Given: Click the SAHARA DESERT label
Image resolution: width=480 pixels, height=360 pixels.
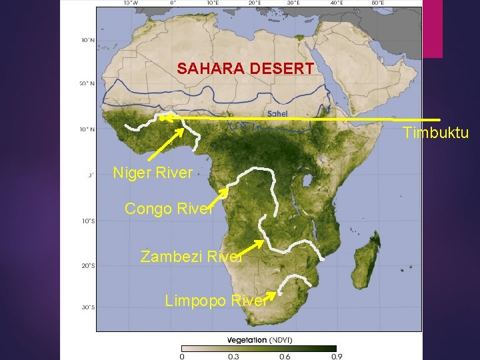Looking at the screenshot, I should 245,68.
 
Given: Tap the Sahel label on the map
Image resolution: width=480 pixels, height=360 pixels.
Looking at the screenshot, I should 277,114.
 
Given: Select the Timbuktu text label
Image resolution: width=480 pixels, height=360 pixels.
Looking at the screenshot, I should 435,133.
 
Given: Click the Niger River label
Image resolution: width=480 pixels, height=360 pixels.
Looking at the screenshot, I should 153,173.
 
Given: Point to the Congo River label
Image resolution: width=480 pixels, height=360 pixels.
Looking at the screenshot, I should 169,209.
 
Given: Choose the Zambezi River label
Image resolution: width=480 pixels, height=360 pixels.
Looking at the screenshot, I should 191,256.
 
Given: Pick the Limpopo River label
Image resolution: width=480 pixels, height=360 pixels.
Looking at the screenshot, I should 215,301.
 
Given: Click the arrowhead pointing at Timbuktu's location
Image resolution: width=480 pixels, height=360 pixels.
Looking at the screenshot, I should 165,118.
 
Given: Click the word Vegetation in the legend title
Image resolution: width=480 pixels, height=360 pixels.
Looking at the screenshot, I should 247,339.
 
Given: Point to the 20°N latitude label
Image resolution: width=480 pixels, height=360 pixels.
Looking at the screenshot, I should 87,84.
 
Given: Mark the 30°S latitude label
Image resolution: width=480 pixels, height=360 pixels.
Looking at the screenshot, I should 87,307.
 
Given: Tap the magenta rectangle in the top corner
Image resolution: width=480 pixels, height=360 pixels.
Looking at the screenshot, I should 433,29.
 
